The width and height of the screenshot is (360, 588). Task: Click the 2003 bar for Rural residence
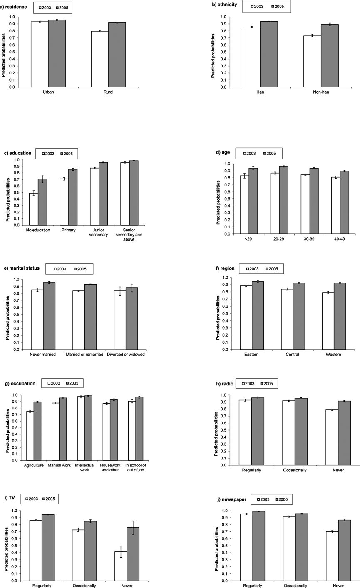click(x=99, y=59)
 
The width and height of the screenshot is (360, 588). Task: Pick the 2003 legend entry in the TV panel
click(x=34, y=499)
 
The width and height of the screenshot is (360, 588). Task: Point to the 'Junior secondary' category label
click(x=99, y=232)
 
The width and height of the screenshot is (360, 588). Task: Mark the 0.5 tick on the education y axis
click(x=23, y=192)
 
